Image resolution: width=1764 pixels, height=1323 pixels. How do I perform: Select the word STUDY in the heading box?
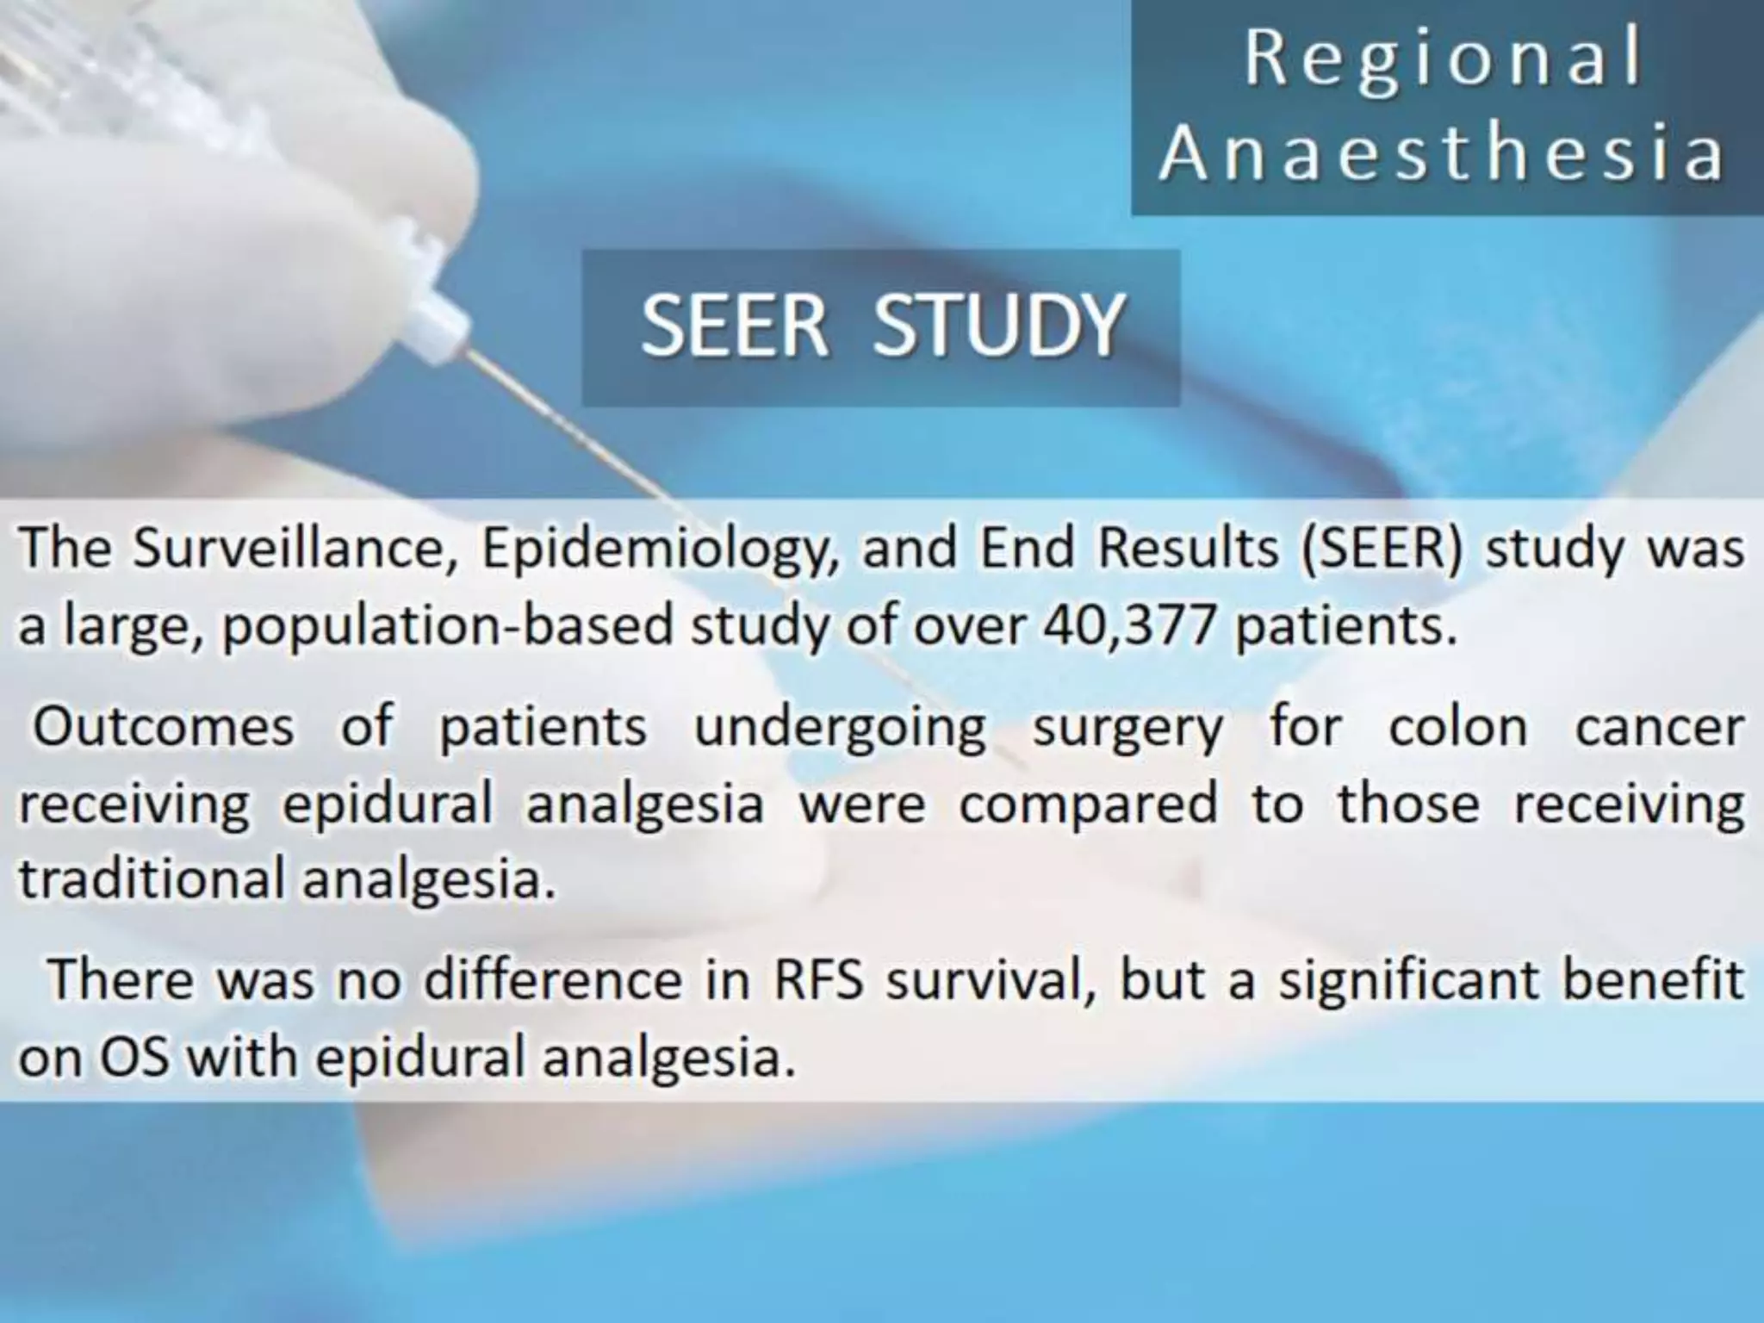coord(998,326)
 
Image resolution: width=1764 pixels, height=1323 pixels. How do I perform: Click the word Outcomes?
coord(164,726)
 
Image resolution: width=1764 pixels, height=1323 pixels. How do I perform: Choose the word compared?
coord(1089,804)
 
